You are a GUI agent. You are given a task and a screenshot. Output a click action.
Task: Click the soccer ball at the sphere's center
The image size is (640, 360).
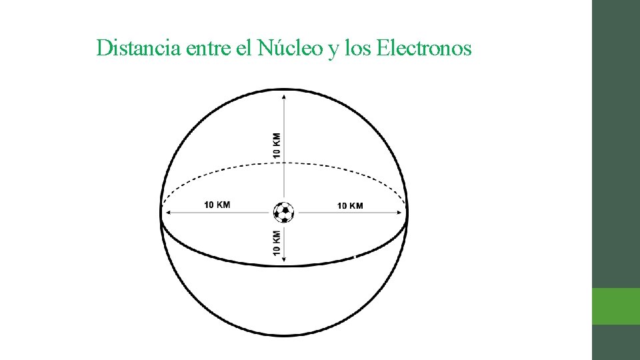click(284, 213)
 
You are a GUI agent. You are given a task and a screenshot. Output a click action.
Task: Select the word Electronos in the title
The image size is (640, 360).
click(424, 48)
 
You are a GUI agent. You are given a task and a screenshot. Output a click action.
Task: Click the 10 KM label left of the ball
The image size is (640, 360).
click(217, 205)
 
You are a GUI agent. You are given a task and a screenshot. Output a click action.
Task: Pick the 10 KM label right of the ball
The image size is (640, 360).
click(350, 205)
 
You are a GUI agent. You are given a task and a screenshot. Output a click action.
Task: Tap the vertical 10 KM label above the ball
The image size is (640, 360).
click(277, 145)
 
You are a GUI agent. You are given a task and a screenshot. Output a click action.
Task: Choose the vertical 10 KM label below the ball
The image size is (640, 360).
click(277, 243)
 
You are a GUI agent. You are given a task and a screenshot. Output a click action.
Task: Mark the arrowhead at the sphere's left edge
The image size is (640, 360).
click(167, 213)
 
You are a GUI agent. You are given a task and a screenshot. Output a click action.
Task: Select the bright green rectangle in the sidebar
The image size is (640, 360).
click(616, 306)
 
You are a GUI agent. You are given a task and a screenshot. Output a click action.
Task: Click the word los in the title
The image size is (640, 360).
click(357, 48)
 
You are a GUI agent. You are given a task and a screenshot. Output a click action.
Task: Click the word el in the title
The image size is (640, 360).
click(243, 48)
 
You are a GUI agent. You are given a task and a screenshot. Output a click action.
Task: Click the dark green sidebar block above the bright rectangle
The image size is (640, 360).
click(616, 143)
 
